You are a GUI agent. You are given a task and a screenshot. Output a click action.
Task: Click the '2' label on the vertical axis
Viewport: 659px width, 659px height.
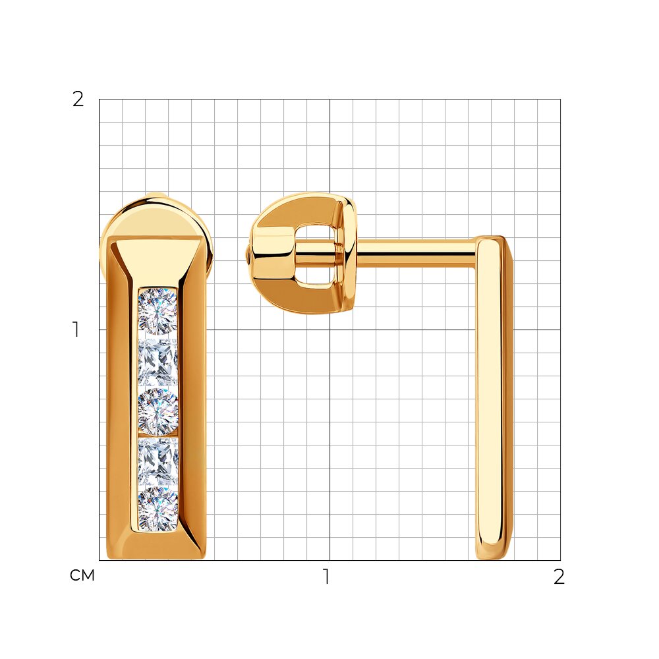78,100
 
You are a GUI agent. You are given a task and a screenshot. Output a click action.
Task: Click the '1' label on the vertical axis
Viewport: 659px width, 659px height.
76,329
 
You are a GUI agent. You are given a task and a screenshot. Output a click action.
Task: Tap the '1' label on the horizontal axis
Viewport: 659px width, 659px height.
326,576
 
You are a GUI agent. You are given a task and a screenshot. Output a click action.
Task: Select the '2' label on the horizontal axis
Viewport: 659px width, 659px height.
559,577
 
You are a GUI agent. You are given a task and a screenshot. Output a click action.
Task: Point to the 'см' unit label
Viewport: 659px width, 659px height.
82,575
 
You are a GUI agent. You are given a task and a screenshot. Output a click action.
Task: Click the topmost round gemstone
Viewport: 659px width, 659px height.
158,312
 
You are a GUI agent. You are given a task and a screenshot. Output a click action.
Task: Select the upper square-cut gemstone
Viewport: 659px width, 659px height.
158,362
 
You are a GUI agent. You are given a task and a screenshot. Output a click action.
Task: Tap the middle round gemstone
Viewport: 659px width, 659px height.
158,411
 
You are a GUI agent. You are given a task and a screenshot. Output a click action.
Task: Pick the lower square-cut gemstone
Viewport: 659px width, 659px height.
158,461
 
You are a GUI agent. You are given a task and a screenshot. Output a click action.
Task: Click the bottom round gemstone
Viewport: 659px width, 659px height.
158,509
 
